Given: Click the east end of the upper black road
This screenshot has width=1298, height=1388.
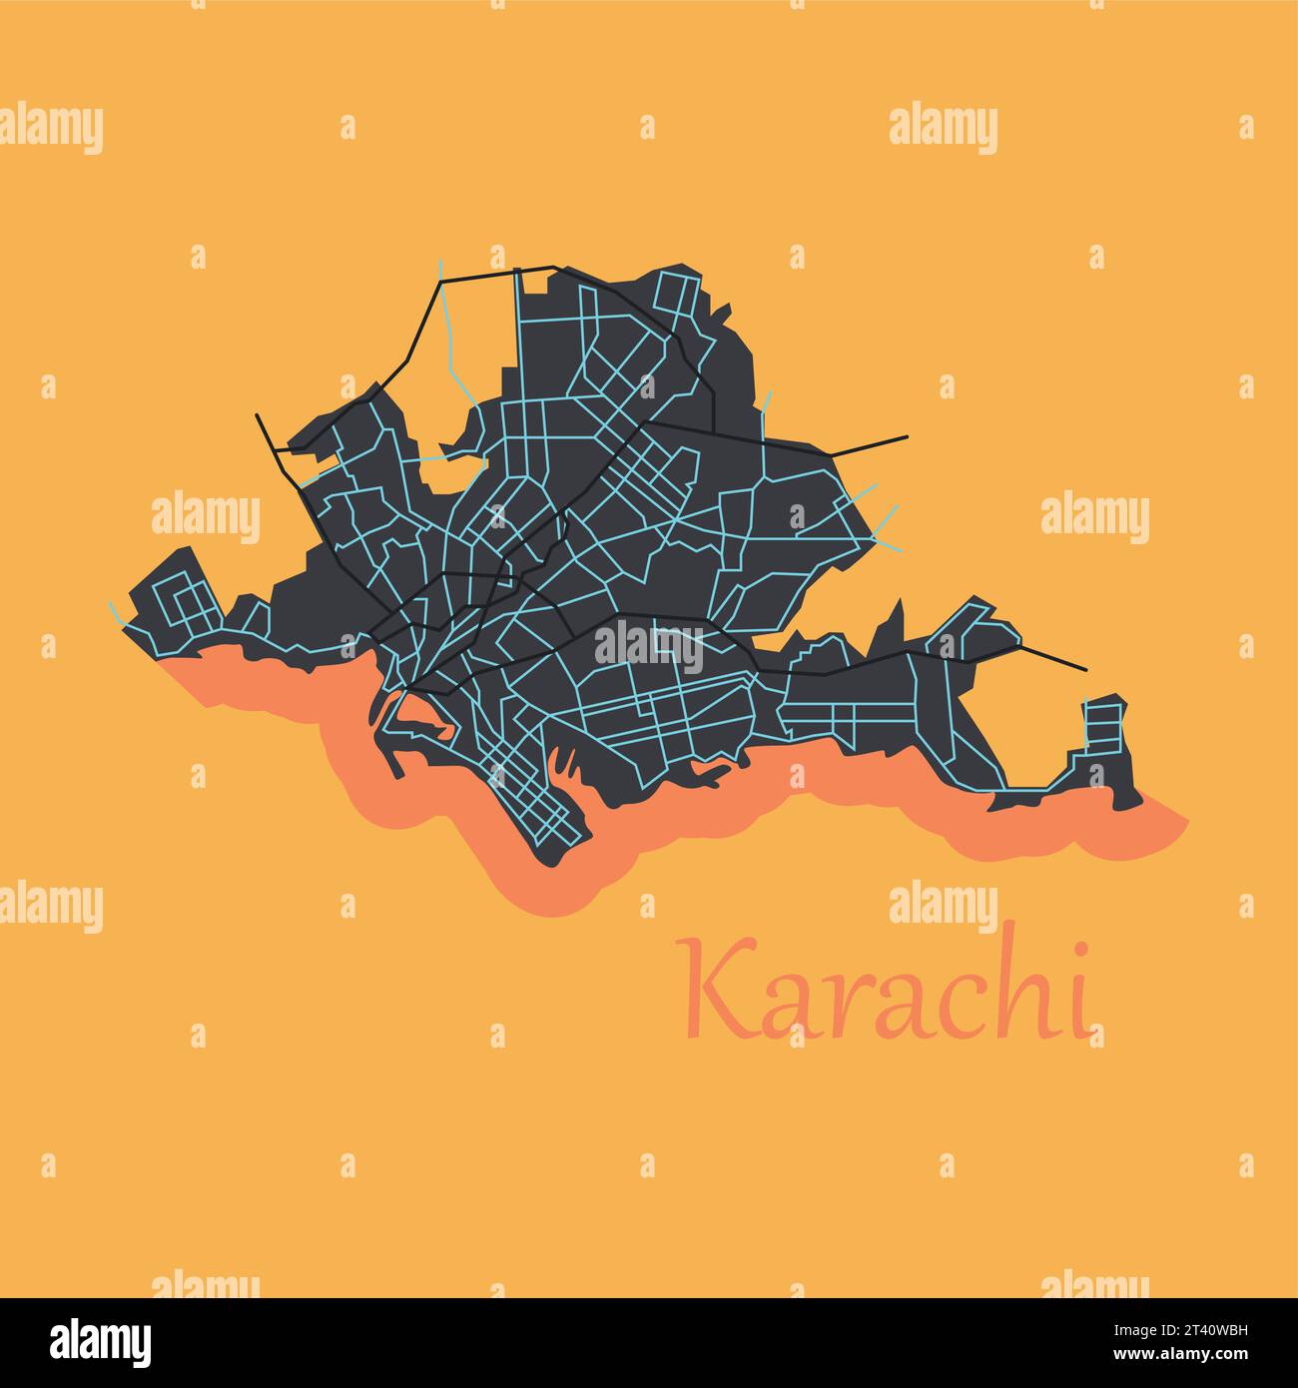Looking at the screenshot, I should [x=907, y=436].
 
